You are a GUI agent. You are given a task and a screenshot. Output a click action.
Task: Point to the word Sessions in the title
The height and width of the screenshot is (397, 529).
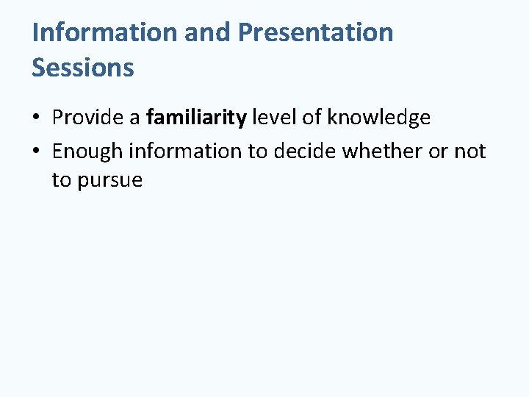pos(83,68)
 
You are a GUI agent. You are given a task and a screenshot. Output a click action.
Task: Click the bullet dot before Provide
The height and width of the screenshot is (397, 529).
pos(37,118)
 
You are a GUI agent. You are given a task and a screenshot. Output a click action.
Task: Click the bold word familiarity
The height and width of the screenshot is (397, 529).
pos(196,117)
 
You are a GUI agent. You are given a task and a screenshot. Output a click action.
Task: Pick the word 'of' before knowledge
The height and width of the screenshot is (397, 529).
pos(312,117)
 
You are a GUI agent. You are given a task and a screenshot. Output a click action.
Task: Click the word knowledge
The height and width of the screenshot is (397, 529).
pos(378,117)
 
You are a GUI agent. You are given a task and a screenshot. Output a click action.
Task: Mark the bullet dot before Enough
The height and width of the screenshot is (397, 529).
pos(37,152)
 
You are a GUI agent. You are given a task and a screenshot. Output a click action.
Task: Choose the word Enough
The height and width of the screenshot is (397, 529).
pos(87,151)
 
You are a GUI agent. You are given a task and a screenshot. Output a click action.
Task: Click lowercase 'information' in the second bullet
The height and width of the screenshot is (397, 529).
pos(185,151)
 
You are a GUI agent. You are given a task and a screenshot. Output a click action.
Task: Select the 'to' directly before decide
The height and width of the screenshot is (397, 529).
pos(259,151)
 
